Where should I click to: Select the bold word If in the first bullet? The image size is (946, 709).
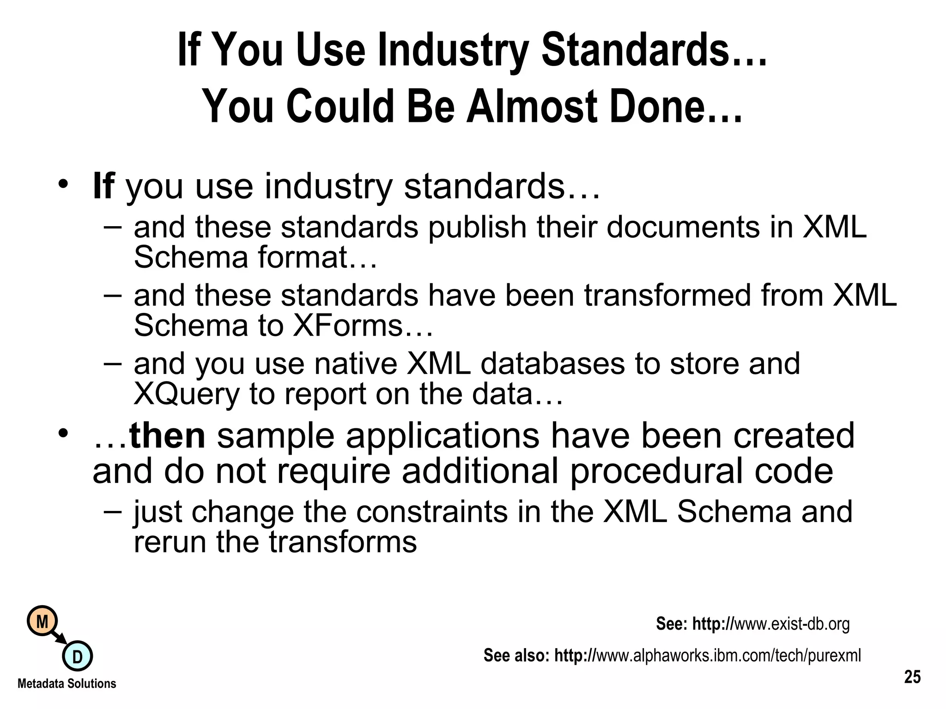click(x=103, y=186)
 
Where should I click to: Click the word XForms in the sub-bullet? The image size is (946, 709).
click(x=347, y=325)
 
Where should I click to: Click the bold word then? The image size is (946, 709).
click(x=167, y=436)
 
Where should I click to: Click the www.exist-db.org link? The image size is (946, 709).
click(x=791, y=624)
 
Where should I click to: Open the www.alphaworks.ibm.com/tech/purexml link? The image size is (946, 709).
click(x=728, y=655)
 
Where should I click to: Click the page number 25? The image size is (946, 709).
click(x=912, y=677)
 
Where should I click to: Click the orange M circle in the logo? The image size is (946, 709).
click(x=42, y=622)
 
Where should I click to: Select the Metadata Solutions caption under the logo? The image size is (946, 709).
click(x=67, y=684)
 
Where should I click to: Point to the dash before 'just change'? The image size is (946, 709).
click(x=113, y=511)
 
